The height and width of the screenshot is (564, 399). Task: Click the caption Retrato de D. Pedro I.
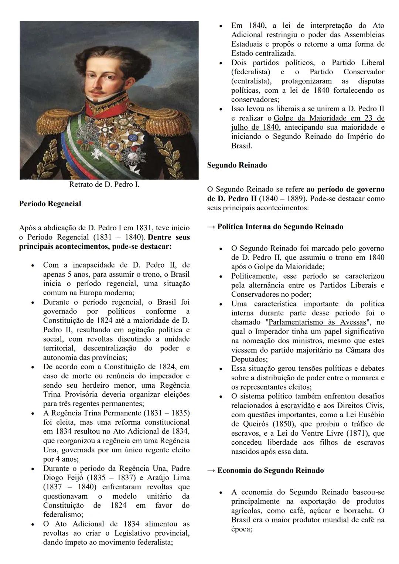(x=104, y=184)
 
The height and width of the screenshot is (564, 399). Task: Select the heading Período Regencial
(x=50, y=204)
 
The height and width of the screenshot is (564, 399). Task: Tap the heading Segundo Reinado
(x=237, y=165)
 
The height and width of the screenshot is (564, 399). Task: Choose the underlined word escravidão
(x=297, y=405)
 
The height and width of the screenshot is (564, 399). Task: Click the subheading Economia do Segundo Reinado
(x=270, y=470)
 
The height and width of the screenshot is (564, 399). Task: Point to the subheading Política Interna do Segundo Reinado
(x=280, y=227)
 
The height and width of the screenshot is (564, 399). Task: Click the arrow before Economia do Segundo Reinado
(x=211, y=470)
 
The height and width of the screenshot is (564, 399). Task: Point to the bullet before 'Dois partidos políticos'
(x=221, y=63)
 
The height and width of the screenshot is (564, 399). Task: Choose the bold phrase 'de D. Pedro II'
(x=232, y=199)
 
